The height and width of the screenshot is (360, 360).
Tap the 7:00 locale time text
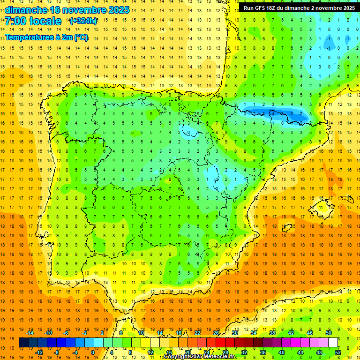(33, 21)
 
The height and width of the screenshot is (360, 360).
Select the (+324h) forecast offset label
(83, 21)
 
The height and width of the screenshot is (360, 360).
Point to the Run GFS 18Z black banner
(299, 8)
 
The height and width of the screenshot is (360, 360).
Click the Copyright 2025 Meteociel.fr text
(199, 357)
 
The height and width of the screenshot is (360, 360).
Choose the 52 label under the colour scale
(338, 352)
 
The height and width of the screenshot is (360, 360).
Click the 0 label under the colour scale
(93, 352)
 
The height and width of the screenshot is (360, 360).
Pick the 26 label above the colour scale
(216, 333)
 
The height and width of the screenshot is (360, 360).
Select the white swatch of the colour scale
(333, 343)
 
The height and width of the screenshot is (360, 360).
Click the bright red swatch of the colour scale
(220, 343)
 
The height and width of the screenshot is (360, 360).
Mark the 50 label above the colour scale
(328, 333)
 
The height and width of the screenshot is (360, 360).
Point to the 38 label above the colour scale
(272, 333)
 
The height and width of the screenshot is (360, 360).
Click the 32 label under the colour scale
(244, 352)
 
